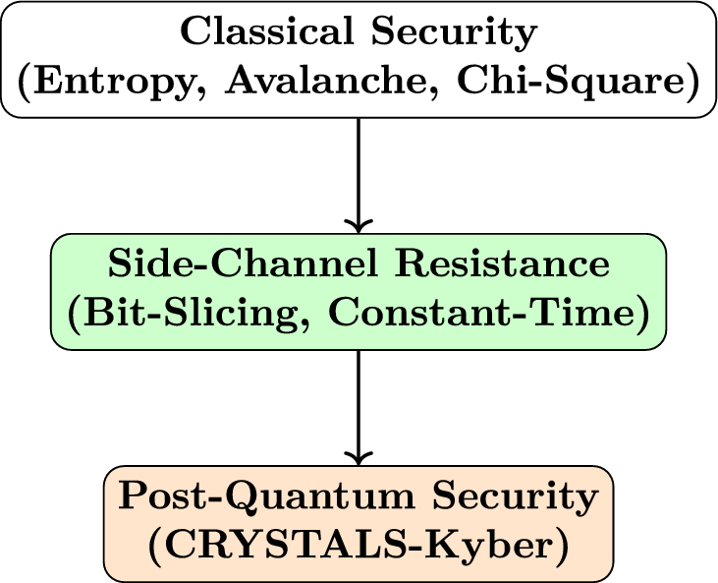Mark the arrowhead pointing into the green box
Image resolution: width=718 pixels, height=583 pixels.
(x=359, y=224)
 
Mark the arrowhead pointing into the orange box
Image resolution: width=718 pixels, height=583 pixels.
(x=359, y=456)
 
